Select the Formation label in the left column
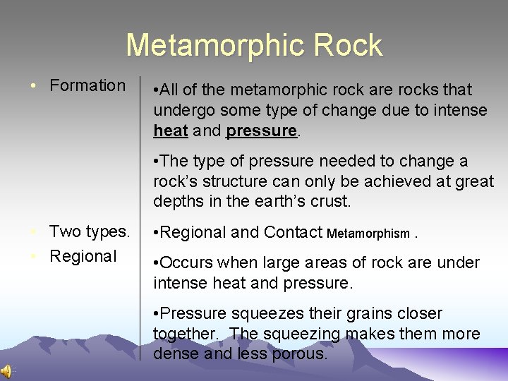coord(87,86)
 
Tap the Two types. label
coord(90,231)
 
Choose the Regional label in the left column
coord(83,256)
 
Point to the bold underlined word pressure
coord(261,131)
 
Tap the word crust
coord(328,201)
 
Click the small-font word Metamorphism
coord(369,234)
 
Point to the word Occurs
coord(187,263)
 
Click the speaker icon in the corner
coord(6,372)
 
